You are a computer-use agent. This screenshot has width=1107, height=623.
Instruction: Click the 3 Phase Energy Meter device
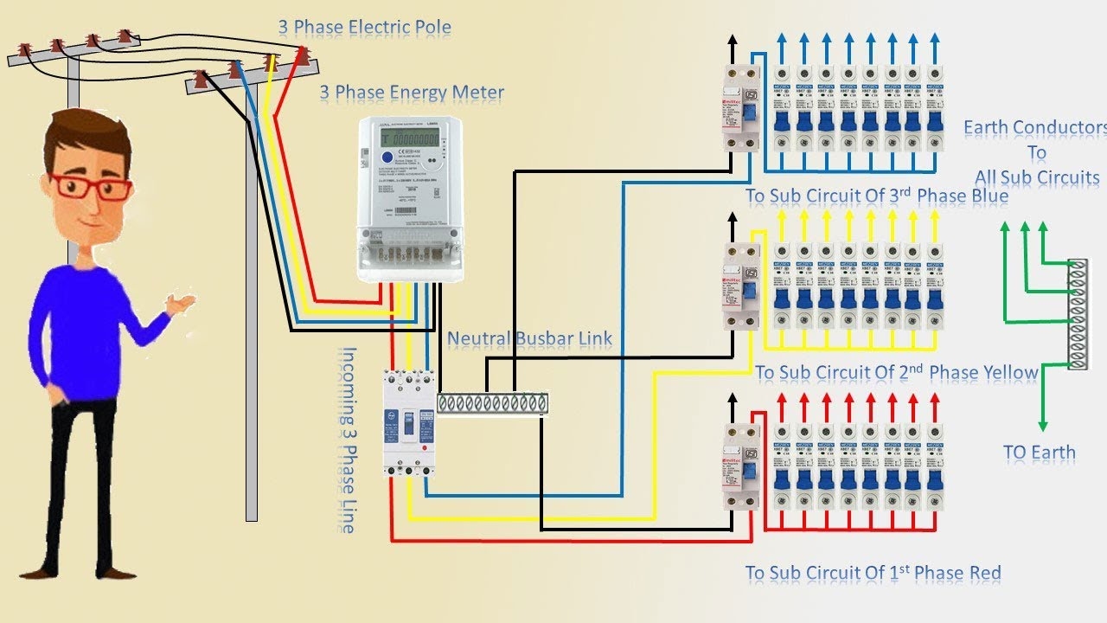410,199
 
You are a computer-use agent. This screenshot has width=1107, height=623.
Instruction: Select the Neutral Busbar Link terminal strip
492,403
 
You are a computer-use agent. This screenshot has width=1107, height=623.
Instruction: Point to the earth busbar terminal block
1078,314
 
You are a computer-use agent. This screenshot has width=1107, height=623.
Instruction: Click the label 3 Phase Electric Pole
364,28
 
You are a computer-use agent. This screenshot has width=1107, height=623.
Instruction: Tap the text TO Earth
1040,453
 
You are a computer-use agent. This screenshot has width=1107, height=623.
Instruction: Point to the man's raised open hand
182,303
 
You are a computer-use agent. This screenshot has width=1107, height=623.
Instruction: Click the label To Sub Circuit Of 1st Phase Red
873,573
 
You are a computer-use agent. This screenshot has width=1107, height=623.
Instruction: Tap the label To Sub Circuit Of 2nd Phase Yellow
896,373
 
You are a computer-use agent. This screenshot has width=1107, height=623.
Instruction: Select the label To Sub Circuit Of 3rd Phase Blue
877,196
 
